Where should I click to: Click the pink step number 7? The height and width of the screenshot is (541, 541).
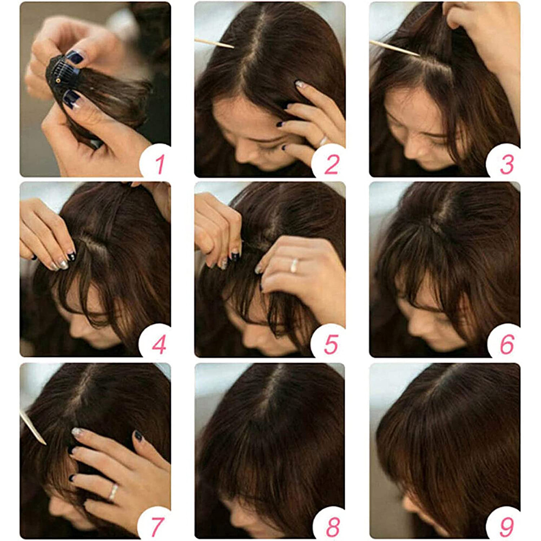(x=157, y=525)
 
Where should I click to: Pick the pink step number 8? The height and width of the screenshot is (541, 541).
(x=331, y=525)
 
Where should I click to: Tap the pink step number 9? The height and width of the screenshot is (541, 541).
(x=506, y=525)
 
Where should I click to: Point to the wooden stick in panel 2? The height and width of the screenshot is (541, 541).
(x=214, y=43)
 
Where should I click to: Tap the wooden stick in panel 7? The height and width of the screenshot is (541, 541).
(x=32, y=427)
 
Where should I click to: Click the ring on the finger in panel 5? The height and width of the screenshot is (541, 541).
(x=294, y=266)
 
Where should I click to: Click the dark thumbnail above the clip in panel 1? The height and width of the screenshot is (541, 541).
(x=75, y=57)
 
